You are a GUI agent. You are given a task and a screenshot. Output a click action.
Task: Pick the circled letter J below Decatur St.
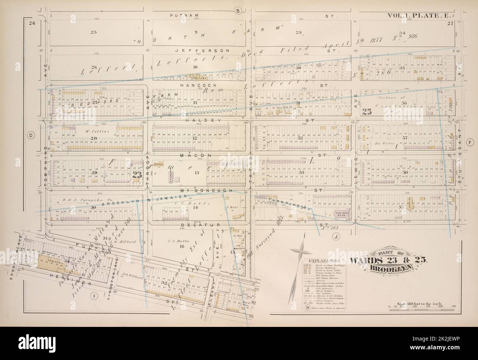tap(336, 236)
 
